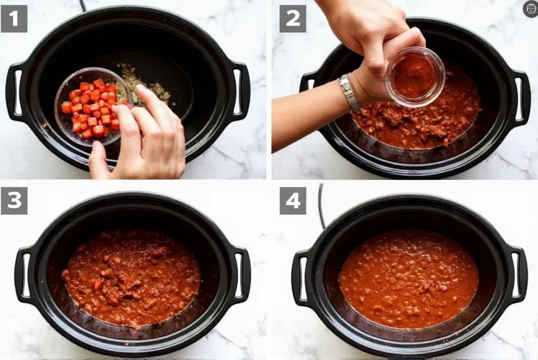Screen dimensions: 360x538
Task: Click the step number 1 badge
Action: pyautogui.click(x=14, y=19)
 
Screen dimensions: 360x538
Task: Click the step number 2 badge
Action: pyautogui.click(x=292, y=19)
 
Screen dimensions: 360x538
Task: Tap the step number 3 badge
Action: pyautogui.click(x=14, y=200)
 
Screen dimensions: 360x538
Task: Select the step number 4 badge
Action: pyautogui.click(x=292, y=200)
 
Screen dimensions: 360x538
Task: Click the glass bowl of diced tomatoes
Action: pyautogui.click(x=90, y=107)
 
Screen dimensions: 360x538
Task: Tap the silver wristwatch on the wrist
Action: pyautogui.click(x=349, y=92)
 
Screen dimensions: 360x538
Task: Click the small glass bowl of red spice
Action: pyautogui.click(x=415, y=76)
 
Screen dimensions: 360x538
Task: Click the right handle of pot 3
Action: pyautogui.click(x=241, y=275)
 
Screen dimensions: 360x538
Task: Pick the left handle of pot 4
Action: pyautogui.click(x=301, y=277)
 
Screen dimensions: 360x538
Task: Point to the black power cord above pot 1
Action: pyautogui.click(x=82, y=5)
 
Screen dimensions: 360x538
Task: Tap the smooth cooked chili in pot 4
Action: pyautogui.click(x=409, y=278)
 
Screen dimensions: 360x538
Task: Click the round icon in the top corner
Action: pyautogui.click(x=530, y=8)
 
